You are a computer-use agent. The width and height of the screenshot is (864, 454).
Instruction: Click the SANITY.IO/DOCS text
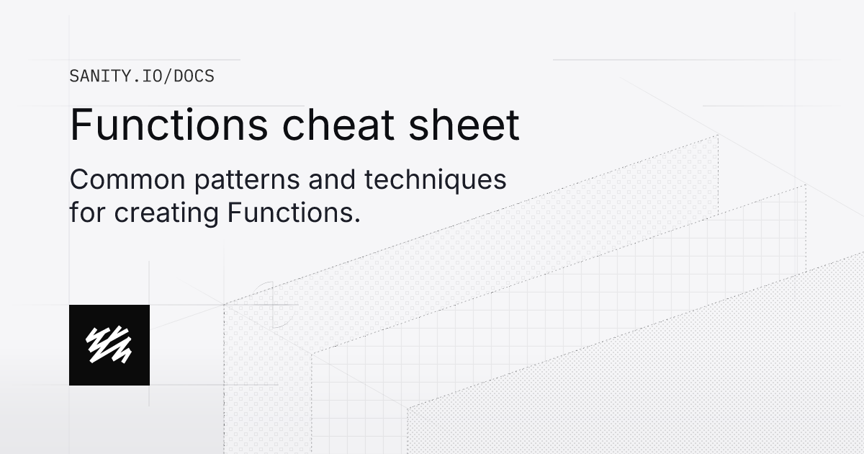pos(141,76)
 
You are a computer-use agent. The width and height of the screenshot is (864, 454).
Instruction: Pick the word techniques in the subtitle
pos(435,180)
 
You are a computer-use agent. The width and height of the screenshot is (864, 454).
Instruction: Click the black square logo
pos(109,345)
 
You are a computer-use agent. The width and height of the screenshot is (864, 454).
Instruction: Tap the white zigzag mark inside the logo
pos(109,345)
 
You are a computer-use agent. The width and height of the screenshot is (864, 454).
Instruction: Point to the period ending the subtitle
pos(356,221)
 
